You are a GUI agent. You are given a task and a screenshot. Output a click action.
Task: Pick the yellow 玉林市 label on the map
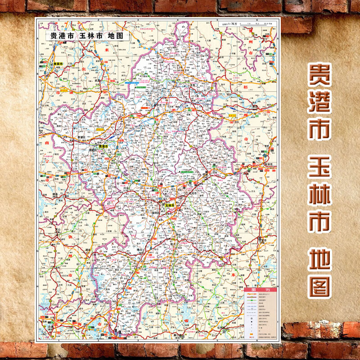170,205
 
